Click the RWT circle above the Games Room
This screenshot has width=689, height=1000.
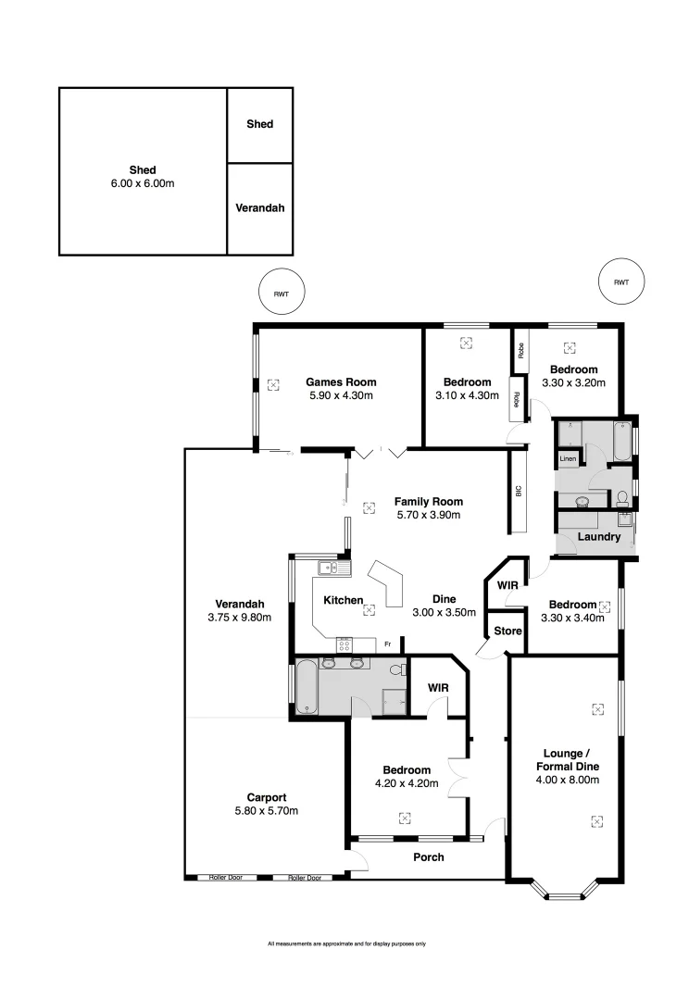281,294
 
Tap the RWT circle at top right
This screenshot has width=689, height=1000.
620,282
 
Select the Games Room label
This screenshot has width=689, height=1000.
341,381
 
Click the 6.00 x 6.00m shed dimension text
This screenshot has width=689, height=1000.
143,183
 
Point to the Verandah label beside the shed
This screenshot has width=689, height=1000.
260,208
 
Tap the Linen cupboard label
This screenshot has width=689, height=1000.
567,460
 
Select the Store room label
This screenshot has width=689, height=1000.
508,631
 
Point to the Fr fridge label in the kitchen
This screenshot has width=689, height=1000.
388,644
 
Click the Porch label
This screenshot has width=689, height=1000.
428,857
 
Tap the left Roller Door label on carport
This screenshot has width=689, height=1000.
225,877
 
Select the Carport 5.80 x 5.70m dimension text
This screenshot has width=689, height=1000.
266,810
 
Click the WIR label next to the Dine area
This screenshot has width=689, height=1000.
507,586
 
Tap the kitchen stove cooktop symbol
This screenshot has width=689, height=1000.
345,644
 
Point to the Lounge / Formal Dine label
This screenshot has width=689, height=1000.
568,759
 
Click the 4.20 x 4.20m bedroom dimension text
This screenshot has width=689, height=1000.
407,783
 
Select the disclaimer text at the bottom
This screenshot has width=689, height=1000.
346,944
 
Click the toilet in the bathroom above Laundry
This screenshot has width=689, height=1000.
623,498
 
